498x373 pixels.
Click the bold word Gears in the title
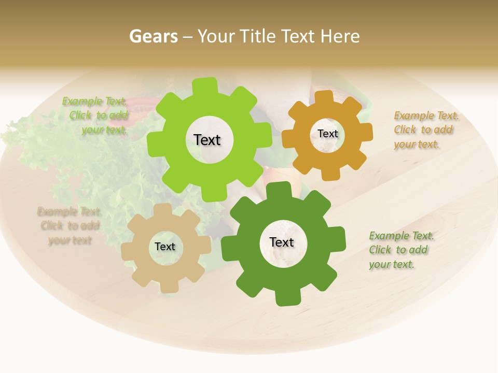(153, 36)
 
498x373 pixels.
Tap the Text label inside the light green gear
(207, 140)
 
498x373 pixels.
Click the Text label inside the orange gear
(327, 134)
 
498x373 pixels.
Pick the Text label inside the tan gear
(164, 247)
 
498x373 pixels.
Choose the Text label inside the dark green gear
(282, 242)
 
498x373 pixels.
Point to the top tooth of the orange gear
(324, 97)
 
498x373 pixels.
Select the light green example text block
(96, 116)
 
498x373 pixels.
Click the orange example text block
(425, 130)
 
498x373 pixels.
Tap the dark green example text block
(400, 250)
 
